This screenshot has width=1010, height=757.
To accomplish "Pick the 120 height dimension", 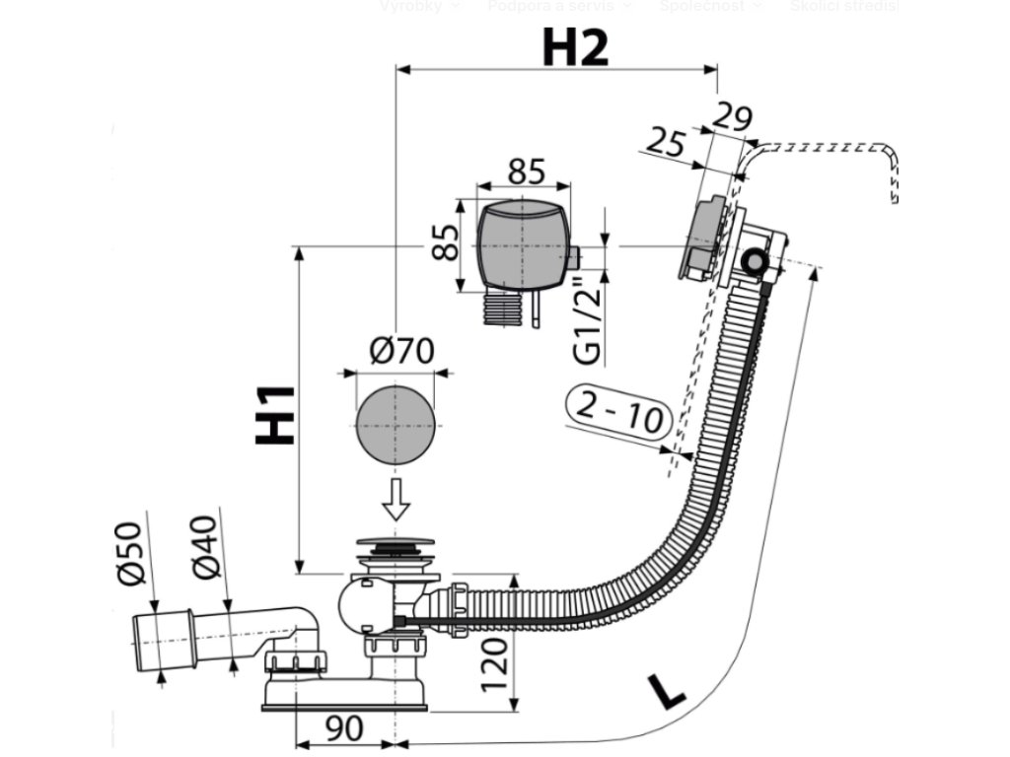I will pyautogui.click(x=496, y=662).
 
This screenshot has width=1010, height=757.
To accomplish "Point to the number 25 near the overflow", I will pyautogui.click(x=667, y=142).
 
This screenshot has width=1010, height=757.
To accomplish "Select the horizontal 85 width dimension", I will pyautogui.click(x=526, y=171).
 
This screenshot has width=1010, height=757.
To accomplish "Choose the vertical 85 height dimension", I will pyautogui.click(x=447, y=242).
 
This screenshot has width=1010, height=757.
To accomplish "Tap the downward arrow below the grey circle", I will pyautogui.click(x=396, y=501).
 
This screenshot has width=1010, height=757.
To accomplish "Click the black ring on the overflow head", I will pyautogui.click(x=755, y=262).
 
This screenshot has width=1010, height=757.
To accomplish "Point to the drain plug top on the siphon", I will pyautogui.click(x=392, y=544).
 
